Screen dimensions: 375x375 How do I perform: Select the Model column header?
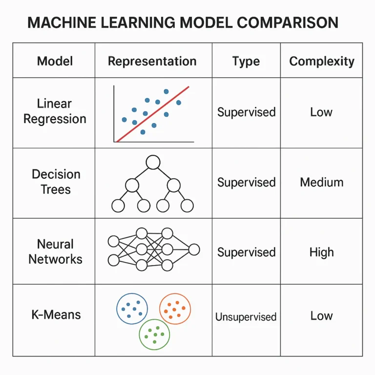point(55,61)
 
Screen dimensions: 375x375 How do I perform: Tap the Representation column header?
point(152,61)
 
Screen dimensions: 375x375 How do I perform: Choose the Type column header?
point(246,61)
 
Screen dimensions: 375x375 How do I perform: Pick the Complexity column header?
point(321,61)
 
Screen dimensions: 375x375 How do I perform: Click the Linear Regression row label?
point(55,111)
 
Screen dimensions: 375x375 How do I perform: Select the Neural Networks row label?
point(55,251)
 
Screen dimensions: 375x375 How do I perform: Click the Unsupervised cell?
point(246,317)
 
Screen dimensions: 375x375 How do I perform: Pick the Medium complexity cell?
point(321,182)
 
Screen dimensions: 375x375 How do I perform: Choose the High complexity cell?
point(321,252)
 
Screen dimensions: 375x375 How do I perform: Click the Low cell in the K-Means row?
point(321,315)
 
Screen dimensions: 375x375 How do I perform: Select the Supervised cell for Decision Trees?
point(246,182)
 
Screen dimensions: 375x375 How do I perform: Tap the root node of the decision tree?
point(153,163)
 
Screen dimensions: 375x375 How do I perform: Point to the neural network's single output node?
point(194,250)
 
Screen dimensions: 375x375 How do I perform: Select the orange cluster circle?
point(175,309)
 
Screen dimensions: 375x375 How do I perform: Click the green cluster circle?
point(154,334)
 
